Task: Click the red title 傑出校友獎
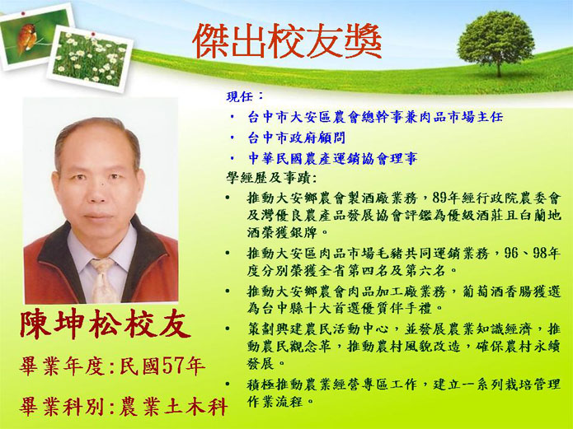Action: [287, 41]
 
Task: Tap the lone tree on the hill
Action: [496, 42]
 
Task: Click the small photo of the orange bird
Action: [35, 35]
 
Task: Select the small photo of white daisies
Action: [90, 58]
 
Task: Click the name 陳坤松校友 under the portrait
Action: [105, 324]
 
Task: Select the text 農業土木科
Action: [174, 406]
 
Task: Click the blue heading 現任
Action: [239, 96]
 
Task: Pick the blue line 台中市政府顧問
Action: [296, 138]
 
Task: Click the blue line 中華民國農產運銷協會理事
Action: [332, 158]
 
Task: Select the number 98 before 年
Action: [540, 253]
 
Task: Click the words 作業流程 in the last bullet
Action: [275, 402]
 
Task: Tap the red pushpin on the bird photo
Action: [23, 13]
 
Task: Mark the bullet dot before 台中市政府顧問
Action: [232, 138]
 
